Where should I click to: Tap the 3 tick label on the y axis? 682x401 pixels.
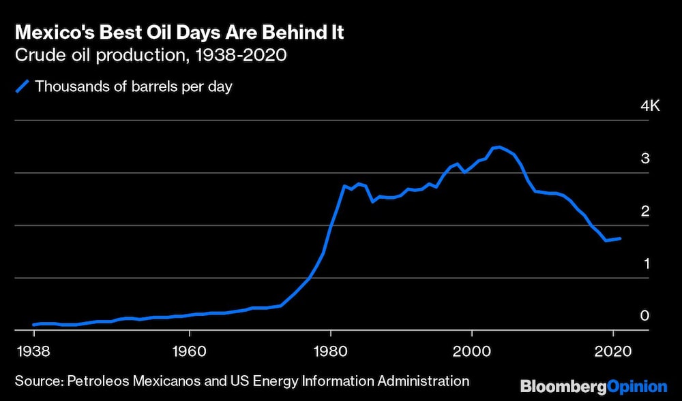[x=644, y=159]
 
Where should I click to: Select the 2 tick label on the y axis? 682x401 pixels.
[x=644, y=211]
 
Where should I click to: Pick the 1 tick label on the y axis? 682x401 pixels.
[x=644, y=263]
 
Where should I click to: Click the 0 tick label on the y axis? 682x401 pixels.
[x=644, y=316]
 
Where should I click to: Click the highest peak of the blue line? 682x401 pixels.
[x=499, y=147]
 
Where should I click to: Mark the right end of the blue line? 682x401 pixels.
[x=619, y=238]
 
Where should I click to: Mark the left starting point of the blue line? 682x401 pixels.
[x=33, y=325]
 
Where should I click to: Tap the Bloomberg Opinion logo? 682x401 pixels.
[x=593, y=387]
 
